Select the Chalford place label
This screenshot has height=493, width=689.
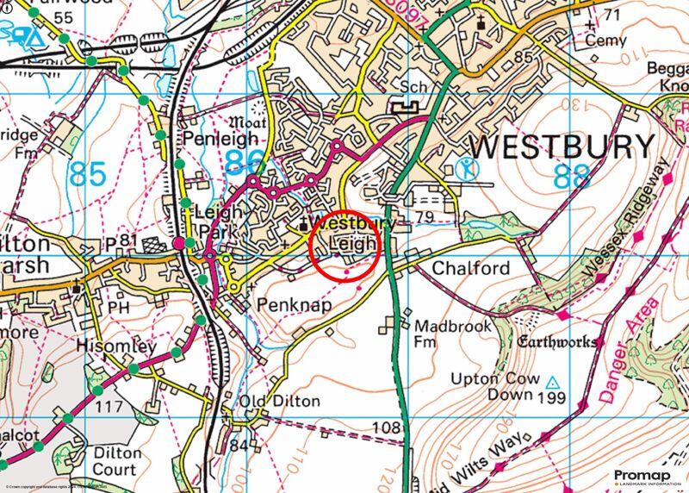[x=470, y=269]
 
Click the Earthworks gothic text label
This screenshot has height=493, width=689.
[x=557, y=342]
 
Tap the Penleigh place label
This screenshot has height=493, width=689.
[x=219, y=139]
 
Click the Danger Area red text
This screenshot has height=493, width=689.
[x=627, y=352]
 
